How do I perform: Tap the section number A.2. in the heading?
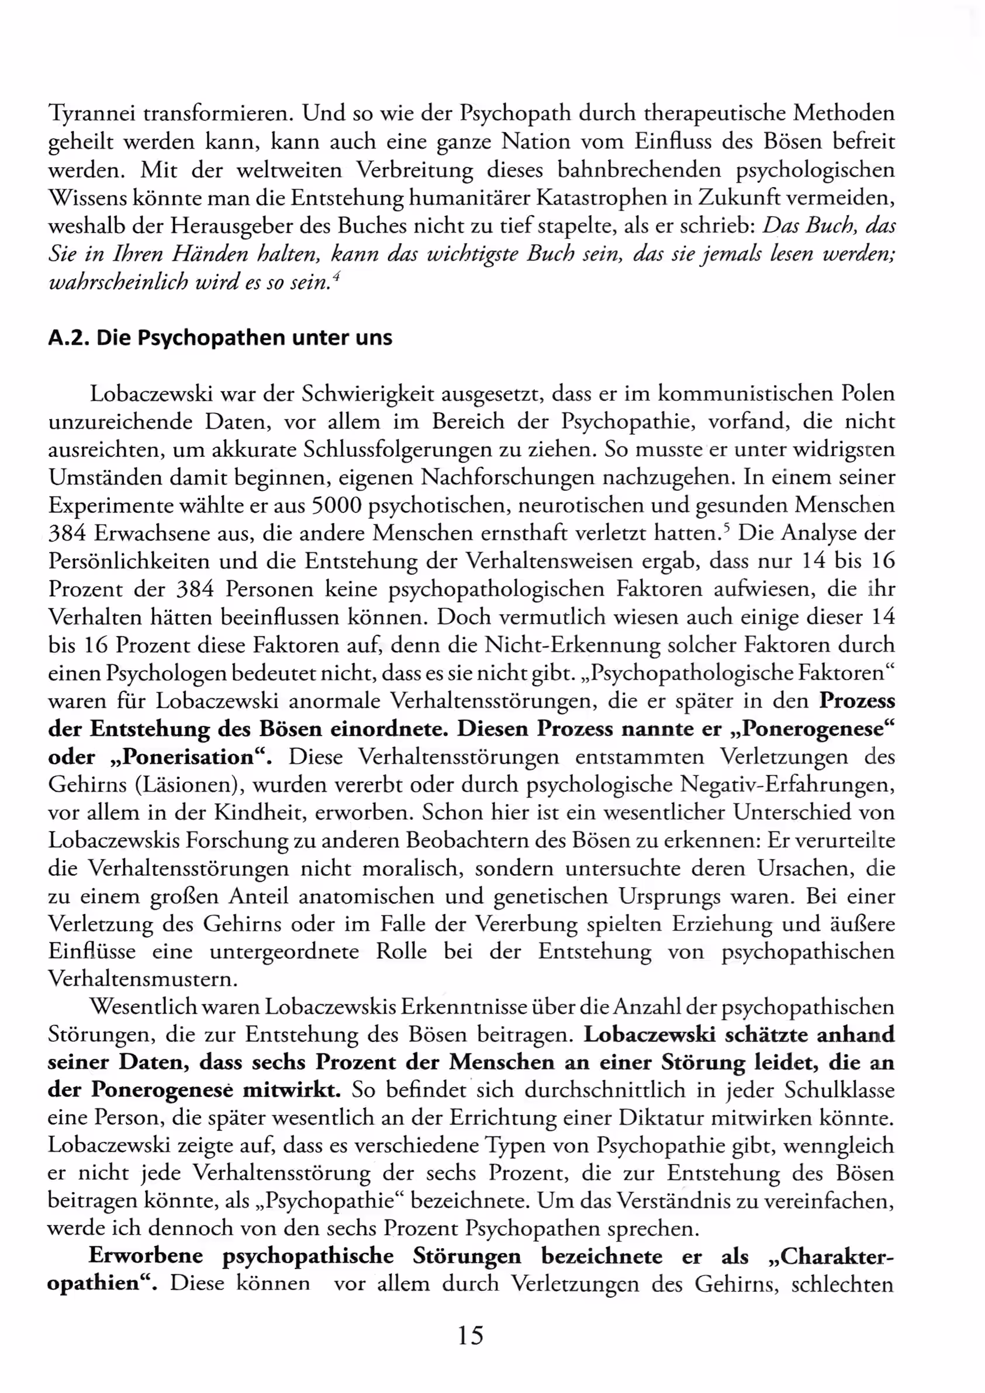69,338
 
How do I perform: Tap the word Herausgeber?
248,226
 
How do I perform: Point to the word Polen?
868,394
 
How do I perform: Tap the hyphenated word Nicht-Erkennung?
572,645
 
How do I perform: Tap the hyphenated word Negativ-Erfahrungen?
787,785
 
